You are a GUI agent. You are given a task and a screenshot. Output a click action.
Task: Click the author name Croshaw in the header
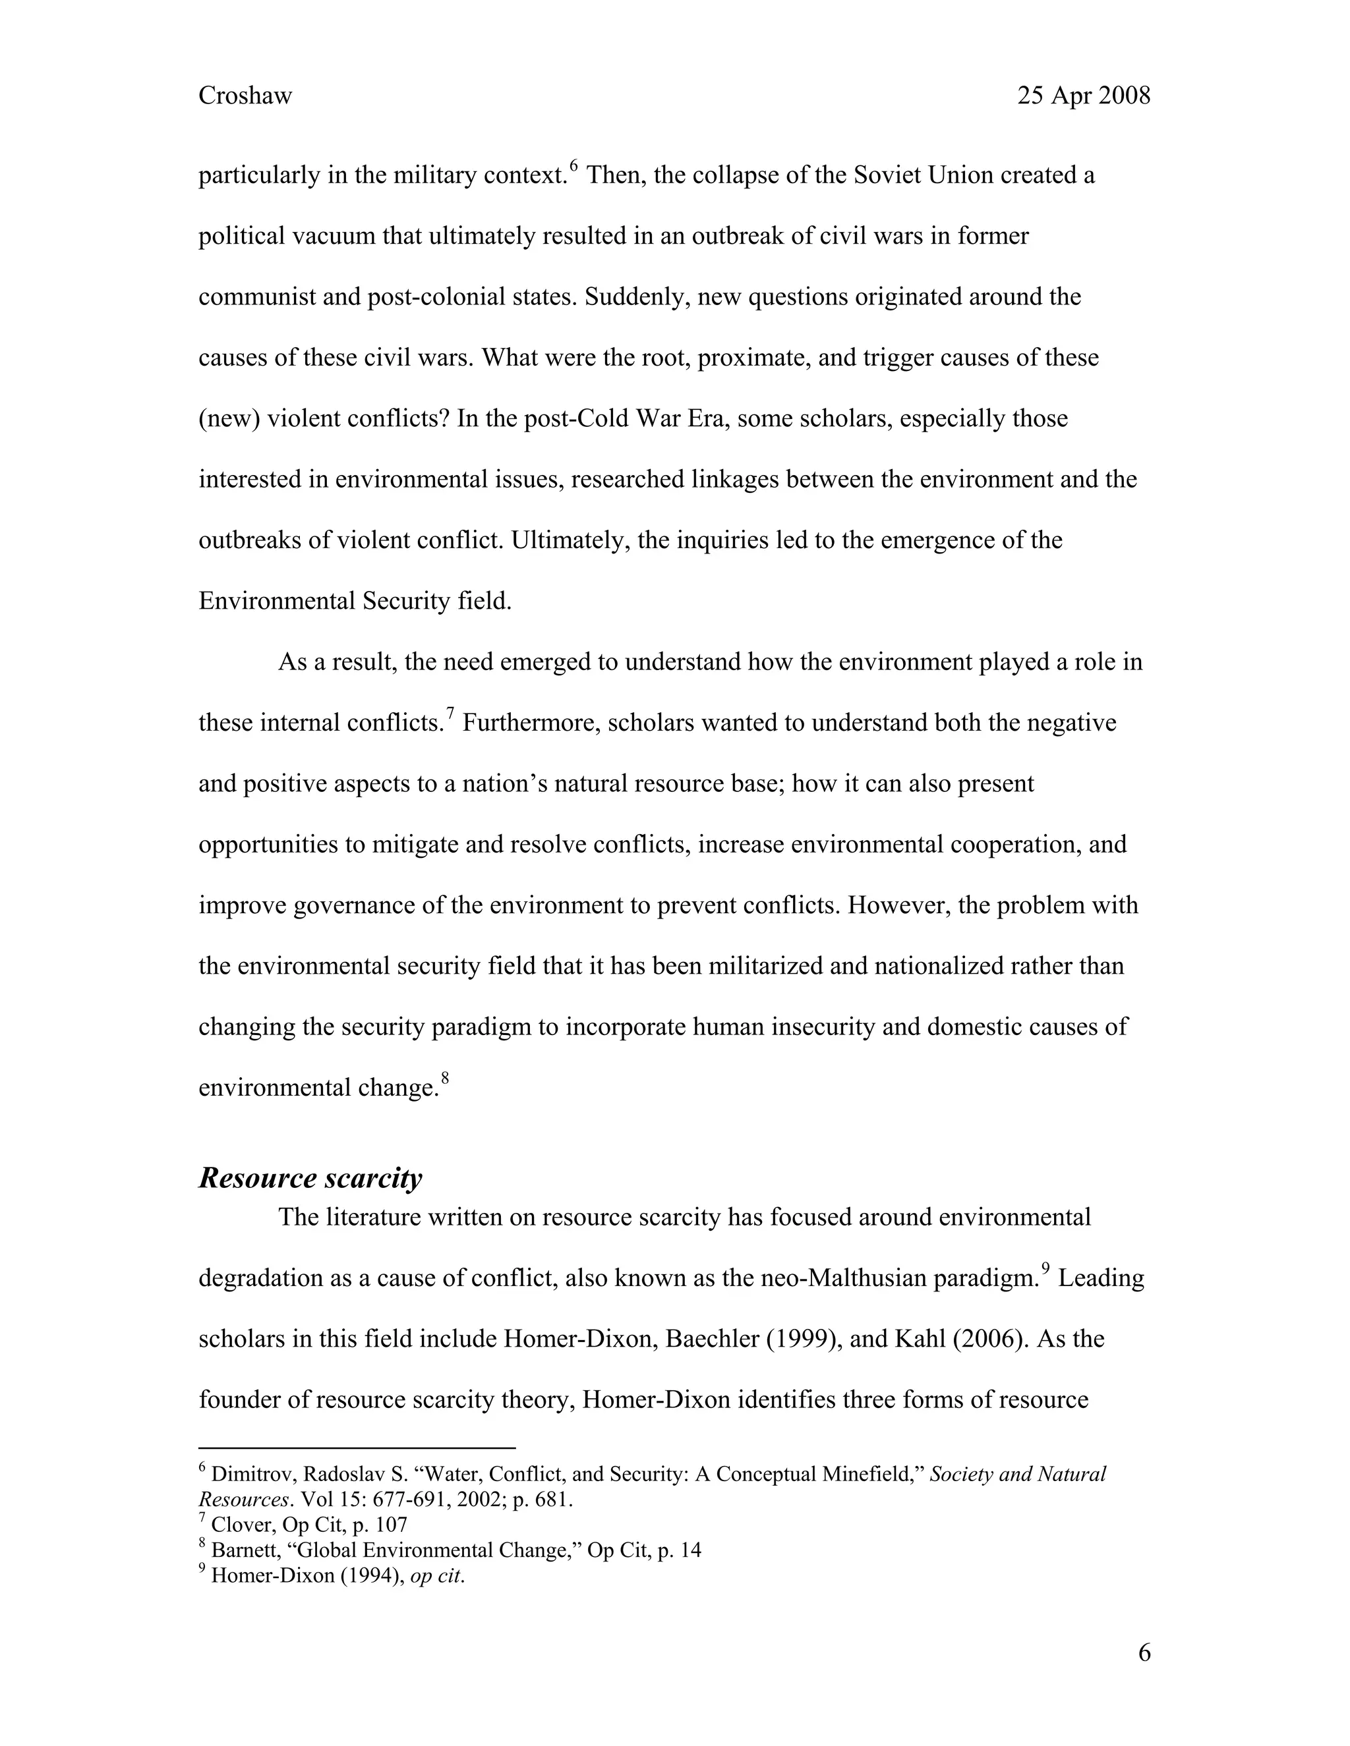click(x=245, y=96)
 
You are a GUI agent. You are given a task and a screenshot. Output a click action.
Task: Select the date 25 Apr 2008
click(x=1083, y=96)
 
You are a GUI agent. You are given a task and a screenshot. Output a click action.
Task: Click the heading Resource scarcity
click(x=310, y=1177)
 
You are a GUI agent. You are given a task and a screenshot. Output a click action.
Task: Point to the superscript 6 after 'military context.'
click(x=573, y=166)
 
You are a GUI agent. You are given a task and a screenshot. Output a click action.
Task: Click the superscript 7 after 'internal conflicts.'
click(x=450, y=714)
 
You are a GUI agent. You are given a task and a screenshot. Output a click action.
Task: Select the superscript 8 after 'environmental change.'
click(x=446, y=1079)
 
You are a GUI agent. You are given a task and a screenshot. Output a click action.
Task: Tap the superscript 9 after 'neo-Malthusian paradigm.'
click(x=1045, y=1269)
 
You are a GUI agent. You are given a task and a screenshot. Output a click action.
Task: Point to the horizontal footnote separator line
click(x=357, y=1448)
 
